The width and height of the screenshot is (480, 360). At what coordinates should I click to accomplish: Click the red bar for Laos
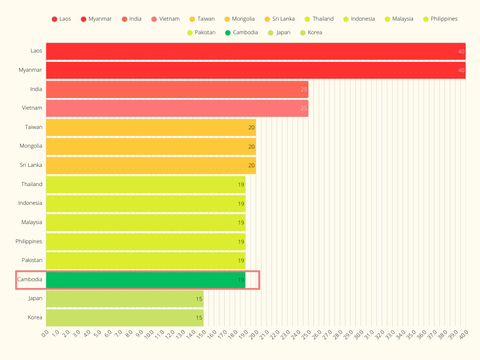255,51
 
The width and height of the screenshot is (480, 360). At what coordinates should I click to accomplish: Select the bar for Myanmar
255,70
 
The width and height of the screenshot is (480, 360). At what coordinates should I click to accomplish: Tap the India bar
177,89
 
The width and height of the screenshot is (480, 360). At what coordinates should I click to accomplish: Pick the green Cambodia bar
145,280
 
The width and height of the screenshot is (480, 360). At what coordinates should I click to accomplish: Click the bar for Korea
124,317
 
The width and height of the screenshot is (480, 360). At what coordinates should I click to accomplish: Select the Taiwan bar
150,127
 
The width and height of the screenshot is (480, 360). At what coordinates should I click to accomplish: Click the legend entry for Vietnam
165,19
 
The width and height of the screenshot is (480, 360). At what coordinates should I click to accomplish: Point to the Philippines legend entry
440,19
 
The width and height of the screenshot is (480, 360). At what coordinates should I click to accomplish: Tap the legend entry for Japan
279,33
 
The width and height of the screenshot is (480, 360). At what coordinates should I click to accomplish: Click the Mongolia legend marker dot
227,19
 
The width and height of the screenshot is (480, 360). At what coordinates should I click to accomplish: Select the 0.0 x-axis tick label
45,334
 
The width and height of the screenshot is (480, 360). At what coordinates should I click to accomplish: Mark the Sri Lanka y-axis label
31,165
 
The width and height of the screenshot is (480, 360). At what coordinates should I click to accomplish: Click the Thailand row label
31,184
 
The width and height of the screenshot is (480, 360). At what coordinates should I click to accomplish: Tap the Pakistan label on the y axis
32,260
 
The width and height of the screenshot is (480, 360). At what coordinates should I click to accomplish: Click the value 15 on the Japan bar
199,299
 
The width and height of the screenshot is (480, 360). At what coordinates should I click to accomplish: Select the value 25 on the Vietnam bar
304,108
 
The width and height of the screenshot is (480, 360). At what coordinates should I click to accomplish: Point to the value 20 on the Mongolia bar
252,146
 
